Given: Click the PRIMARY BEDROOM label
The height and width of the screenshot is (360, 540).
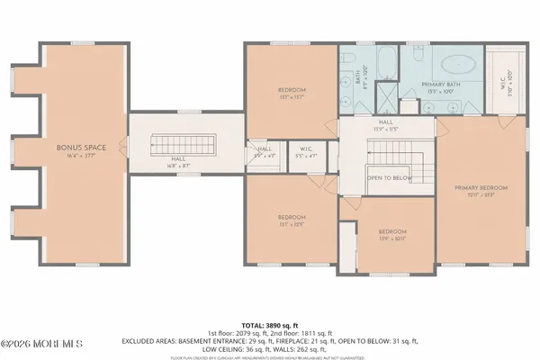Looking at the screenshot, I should tap(481, 188).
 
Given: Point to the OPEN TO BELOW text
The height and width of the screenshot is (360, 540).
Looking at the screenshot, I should tap(387, 178).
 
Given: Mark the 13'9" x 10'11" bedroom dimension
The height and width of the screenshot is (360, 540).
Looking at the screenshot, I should tap(392, 238).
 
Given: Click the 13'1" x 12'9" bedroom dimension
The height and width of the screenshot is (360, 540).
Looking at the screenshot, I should tap(292, 224).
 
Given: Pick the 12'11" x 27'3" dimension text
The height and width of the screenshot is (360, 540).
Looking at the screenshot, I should tap(481, 195).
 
